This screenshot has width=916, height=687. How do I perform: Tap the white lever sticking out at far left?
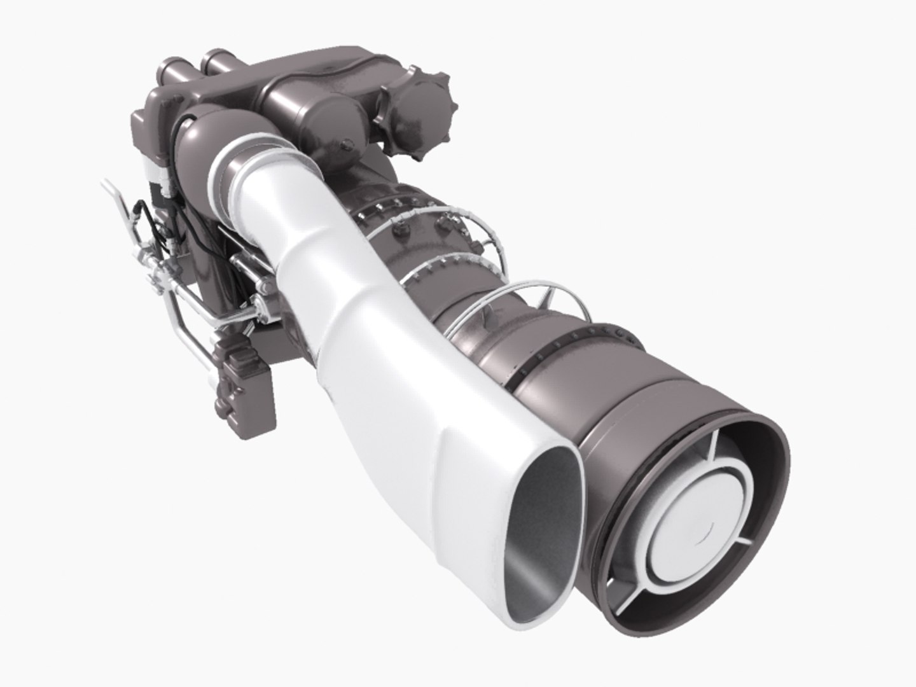[x=111, y=191]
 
